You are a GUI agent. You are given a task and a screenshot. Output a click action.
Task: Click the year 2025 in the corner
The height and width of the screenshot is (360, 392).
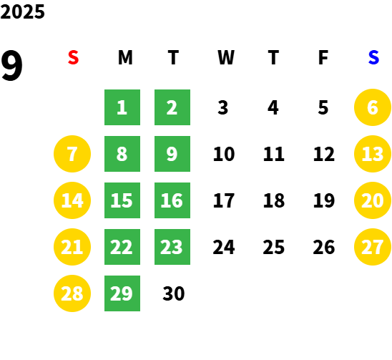click(22, 11)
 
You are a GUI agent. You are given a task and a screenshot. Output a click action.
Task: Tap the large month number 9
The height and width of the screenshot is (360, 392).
click(11, 65)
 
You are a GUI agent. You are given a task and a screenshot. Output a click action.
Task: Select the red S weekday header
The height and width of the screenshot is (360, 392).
click(73, 57)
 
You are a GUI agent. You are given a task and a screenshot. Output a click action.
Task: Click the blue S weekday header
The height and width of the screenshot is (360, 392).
click(373, 57)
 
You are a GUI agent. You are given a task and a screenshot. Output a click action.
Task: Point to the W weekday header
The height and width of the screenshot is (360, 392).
click(226, 57)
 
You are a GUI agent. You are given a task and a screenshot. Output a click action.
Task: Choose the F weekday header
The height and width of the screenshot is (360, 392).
click(323, 57)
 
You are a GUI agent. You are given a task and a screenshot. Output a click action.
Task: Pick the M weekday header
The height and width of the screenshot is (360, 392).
click(125, 57)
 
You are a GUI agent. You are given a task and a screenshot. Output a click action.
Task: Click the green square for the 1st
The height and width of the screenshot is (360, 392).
click(122, 107)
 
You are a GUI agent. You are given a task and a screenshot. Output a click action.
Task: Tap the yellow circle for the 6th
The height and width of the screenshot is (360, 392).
click(373, 107)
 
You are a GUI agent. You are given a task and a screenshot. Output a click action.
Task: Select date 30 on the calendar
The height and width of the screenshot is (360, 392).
click(174, 293)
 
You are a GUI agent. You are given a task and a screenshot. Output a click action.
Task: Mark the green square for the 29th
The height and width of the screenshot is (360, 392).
click(122, 293)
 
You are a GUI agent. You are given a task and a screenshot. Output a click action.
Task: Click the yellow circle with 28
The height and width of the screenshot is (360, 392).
click(72, 293)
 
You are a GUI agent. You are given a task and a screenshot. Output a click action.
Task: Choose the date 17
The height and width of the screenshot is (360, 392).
click(224, 200)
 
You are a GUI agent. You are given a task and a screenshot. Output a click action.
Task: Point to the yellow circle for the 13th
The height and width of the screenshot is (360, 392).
click(373, 154)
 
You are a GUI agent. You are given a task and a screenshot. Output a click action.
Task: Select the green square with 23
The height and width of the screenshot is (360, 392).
click(172, 247)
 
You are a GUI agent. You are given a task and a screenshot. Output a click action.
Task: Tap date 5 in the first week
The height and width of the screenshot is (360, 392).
click(323, 107)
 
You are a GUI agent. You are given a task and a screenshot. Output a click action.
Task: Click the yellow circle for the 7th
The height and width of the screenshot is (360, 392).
click(72, 154)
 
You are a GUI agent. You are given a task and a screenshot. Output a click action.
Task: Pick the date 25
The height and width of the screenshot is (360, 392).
click(274, 247)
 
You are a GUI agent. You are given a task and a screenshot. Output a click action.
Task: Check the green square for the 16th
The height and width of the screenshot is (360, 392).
click(172, 200)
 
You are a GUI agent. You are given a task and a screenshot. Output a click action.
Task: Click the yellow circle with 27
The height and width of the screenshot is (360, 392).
click(373, 247)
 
